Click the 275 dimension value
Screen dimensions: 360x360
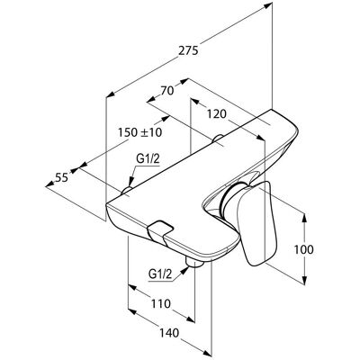[x=188, y=50]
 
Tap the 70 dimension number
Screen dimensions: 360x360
[x=167, y=91]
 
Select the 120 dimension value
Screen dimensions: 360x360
[x=216, y=114]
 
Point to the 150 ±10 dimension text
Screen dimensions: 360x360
[x=139, y=132]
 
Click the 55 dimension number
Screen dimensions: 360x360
[x=62, y=178]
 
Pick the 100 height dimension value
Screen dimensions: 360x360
[x=304, y=249]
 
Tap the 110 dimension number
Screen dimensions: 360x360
[x=160, y=304]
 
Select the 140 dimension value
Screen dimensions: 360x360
[x=169, y=333]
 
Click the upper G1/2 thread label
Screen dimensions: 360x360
[x=148, y=159]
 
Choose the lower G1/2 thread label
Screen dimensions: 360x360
[x=160, y=274]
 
